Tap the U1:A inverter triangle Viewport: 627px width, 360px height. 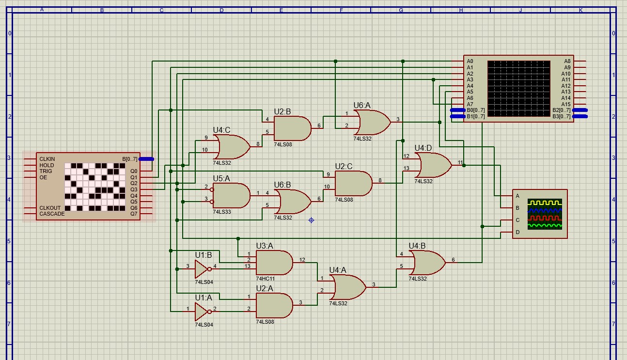202,312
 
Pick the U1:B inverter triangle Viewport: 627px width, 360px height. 202,269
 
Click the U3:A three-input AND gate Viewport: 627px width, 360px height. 274,263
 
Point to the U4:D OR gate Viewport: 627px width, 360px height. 433,165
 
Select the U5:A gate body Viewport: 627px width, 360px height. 231,195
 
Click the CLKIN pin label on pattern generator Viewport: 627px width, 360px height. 47,159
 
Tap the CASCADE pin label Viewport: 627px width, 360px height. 52,214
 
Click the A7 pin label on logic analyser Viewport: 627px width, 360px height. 470,104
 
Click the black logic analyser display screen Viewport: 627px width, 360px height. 518,89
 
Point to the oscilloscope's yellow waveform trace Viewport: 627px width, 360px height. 545,203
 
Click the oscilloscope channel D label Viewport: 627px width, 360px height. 517,232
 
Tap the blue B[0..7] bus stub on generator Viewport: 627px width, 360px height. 146,159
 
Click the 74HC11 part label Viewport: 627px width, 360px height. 265,279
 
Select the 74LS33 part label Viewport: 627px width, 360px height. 222,212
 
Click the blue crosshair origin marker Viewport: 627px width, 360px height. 311,220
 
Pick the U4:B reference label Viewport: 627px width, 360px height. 417,246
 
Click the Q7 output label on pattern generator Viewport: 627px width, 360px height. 134,214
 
